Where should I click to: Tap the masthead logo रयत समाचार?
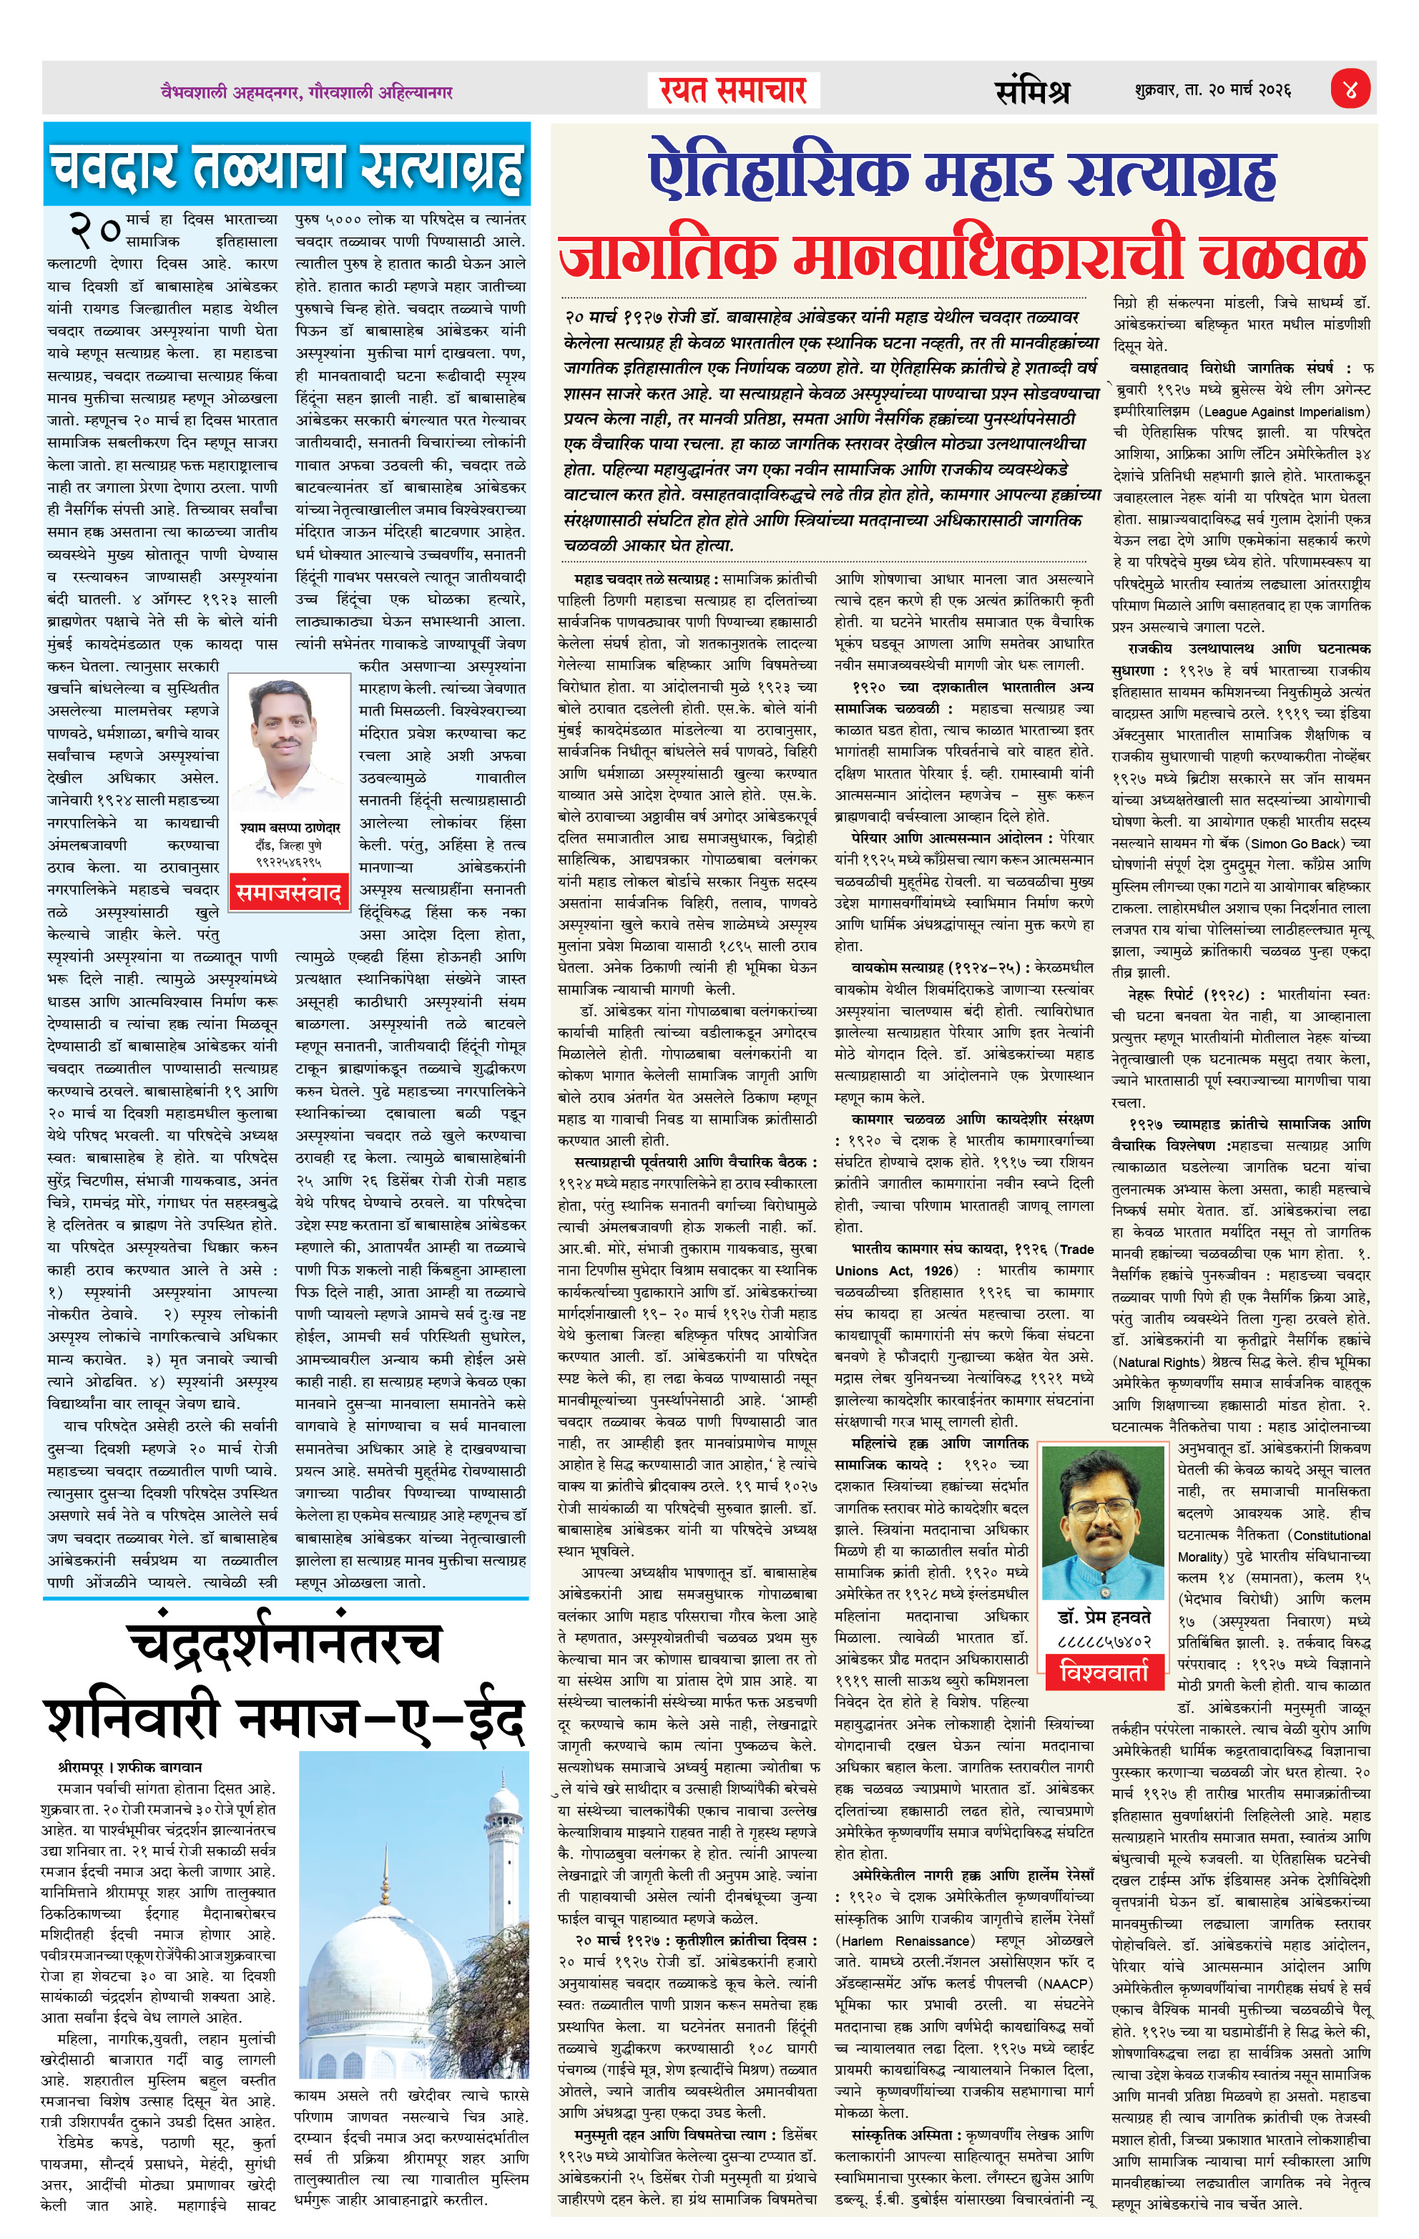[733, 90]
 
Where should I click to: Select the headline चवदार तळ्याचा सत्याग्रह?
[286, 167]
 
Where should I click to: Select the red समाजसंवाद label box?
[288, 893]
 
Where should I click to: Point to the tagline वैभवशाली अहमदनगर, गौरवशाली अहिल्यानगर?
[306, 92]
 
